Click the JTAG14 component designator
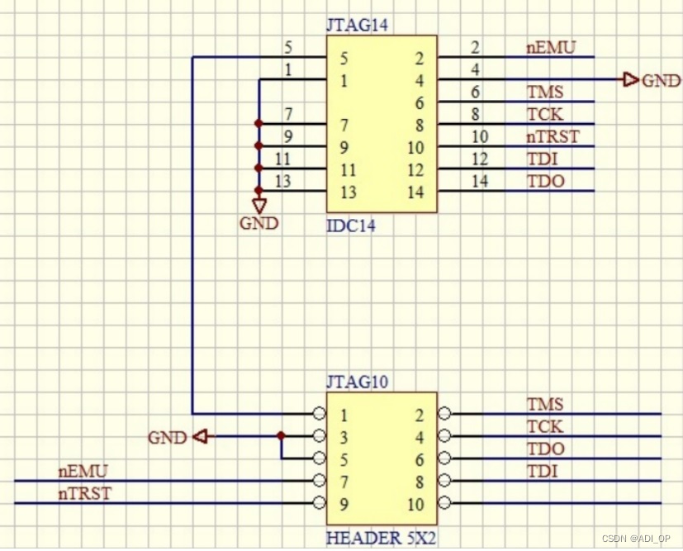pos(357,25)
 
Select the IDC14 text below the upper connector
pos(351,226)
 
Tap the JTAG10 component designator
pos(357,382)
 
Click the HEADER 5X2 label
pos(381,539)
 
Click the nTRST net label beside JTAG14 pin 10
pos(553,136)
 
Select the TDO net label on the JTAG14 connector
pos(546,181)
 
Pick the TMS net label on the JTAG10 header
pos(545,404)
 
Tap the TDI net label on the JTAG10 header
pos(542,471)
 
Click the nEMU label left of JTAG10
pos(83,471)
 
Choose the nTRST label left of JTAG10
pos(85,493)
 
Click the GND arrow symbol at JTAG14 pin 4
pos(631,80)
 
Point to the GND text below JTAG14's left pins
pos(259,223)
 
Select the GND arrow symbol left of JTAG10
pos(198,436)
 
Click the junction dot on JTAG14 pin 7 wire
pos(259,124)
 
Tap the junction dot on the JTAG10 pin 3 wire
pos(281,435)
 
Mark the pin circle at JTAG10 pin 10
pos(444,503)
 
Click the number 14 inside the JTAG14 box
pos(415,192)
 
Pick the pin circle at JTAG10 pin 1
pos(318,413)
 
